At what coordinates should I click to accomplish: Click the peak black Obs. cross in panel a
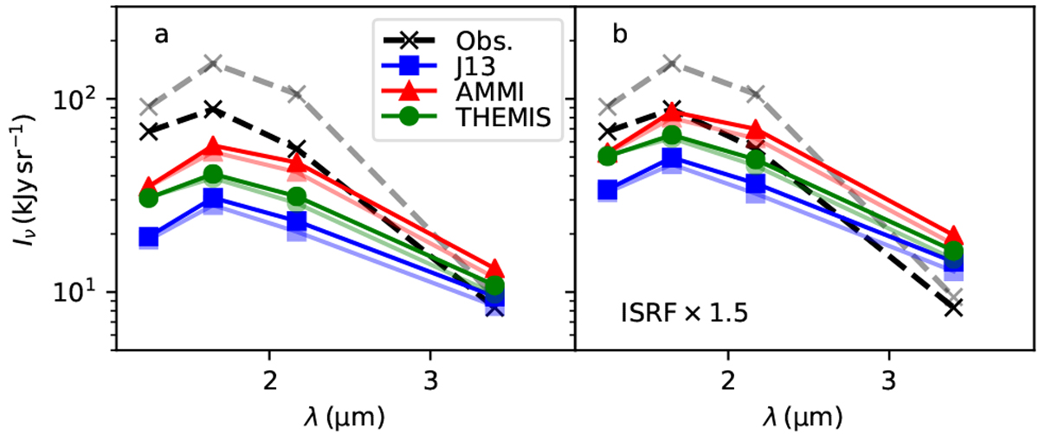point(214,109)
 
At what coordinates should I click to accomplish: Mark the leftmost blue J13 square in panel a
point(149,237)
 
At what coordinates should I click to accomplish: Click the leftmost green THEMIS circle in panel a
point(149,198)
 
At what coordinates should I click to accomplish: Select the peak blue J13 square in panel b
point(673,158)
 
